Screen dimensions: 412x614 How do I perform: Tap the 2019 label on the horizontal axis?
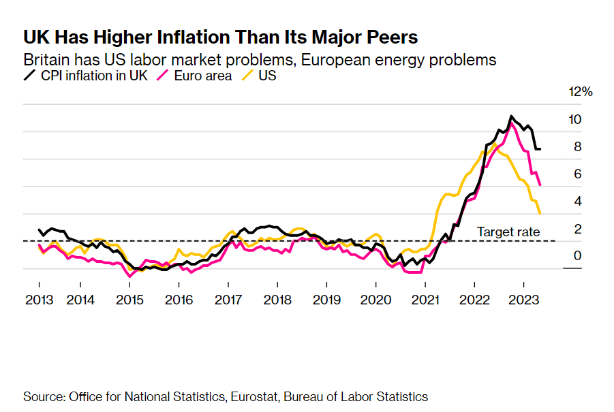pyautogui.click(x=326, y=300)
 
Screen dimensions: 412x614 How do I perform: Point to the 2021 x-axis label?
pyautogui.click(x=425, y=300)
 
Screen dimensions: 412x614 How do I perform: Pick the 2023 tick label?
pyautogui.click(x=523, y=300)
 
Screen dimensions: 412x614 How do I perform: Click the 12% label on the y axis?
pyautogui.click(x=581, y=92)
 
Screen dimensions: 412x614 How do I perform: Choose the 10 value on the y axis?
pyautogui.click(x=576, y=120)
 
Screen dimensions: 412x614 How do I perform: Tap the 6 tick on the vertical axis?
pyautogui.click(x=576, y=174)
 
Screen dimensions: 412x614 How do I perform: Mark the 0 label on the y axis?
pyautogui.click(x=576, y=256)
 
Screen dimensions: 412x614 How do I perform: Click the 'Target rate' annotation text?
pyautogui.click(x=508, y=232)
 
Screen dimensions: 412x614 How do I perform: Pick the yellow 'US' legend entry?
pyautogui.click(x=267, y=76)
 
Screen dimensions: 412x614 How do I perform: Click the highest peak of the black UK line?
pyautogui.click(x=511, y=116)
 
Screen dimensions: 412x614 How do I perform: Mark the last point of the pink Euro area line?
pyautogui.click(x=540, y=185)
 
